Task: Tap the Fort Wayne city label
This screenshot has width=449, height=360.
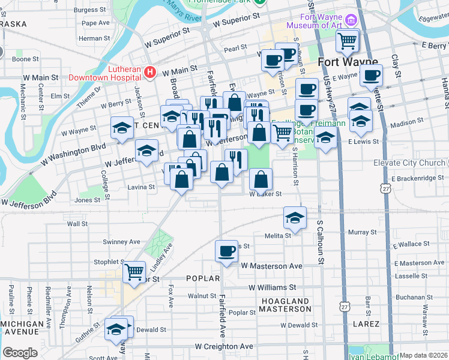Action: point(348,62)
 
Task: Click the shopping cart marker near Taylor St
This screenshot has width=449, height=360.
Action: point(134,272)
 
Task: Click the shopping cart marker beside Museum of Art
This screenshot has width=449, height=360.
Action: point(348,41)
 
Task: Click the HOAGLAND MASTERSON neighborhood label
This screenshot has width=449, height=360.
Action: point(285,305)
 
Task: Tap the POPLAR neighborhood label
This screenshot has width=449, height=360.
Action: point(200,278)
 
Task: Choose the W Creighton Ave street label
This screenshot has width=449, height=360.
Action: point(224,347)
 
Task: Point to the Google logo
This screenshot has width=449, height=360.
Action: point(20,352)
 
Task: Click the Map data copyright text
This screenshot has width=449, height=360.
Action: point(423,355)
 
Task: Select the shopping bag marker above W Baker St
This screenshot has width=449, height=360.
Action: point(261,179)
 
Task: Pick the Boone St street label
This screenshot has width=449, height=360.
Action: point(25,59)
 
